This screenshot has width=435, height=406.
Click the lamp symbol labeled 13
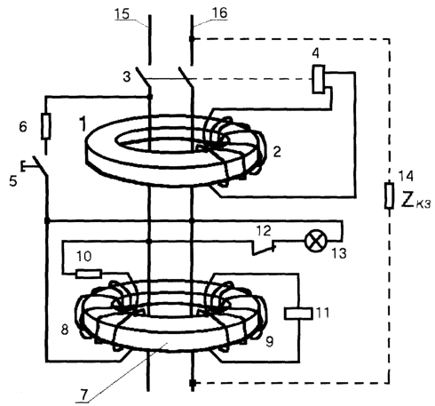pyautogui.click(x=316, y=241)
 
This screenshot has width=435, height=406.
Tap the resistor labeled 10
pyautogui.click(x=89, y=274)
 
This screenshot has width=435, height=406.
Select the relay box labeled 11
pyautogui.click(x=298, y=314)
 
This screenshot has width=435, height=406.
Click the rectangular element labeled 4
pyautogui.click(x=319, y=79)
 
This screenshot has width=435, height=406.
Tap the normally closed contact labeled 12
pyautogui.click(x=264, y=248)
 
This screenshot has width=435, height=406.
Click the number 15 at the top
pyautogui.click(x=122, y=13)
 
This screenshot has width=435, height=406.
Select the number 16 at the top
pyautogui.click(x=219, y=12)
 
